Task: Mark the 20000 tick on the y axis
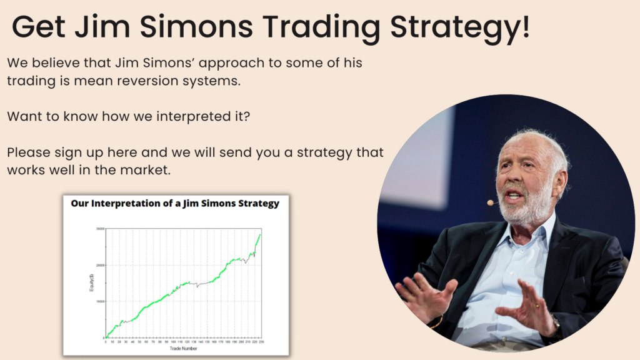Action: [x=98, y=265]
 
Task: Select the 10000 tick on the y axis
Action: [x=98, y=301]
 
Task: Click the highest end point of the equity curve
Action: [x=260, y=234]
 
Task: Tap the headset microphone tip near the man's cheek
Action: [x=491, y=202]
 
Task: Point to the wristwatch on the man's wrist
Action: [x=556, y=324]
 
